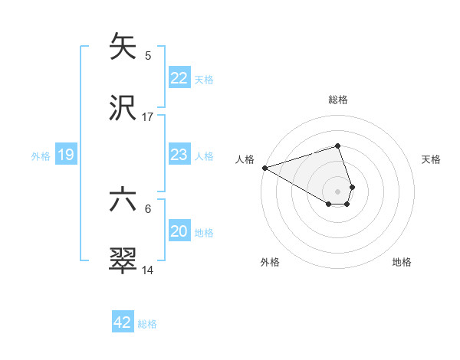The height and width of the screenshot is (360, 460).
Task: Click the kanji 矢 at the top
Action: (x=123, y=47)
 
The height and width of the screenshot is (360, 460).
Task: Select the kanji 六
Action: (x=123, y=201)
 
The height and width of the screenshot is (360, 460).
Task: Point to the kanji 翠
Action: (x=123, y=261)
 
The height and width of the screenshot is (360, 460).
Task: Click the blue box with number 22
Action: (x=179, y=78)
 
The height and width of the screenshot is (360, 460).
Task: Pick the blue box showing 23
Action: (x=179, y=155)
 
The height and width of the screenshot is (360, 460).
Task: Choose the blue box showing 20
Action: (x=179, y=231)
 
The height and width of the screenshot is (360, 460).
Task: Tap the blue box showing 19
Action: (x=65, y=155)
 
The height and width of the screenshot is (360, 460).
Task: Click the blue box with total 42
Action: (x=123, y=322)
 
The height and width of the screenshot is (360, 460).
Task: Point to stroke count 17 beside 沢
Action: (x=148, y=117)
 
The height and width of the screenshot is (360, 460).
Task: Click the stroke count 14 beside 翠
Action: (x=148, y=270)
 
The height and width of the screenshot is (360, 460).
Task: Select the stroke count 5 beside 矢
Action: (x=148, y=56)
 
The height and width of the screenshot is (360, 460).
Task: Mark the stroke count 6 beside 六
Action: (x=148, y=208)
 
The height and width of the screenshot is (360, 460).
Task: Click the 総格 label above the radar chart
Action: (x=338, y=100)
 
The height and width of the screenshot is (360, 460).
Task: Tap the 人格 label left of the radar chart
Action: (x=245, y=159)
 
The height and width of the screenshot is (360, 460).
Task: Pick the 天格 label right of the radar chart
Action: (x=432, y=159)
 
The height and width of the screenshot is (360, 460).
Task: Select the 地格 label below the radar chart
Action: (x=402, y=262)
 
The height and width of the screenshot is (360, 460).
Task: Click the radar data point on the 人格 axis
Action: (x=264, y=167)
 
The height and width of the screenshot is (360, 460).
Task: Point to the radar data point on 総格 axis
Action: (x=338, y=146)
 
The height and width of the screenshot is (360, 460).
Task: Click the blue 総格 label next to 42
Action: (x=147, y=324)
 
